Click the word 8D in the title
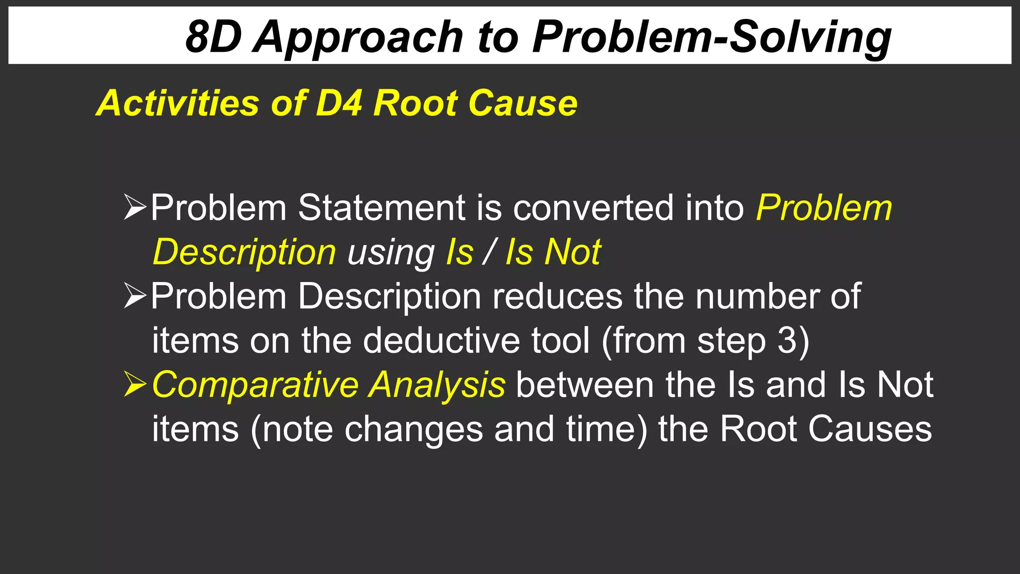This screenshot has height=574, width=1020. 214,37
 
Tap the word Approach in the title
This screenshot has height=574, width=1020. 358,38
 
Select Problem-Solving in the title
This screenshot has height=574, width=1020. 712,38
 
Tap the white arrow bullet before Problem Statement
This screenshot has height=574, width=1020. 134,207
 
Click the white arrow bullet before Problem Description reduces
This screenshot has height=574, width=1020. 134,295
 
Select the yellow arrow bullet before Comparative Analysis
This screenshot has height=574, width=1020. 134,384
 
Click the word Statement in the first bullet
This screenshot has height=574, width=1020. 381,207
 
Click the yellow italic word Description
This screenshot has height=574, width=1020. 244,253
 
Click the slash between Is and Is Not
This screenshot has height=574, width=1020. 489,252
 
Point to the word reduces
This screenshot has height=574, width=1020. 557,296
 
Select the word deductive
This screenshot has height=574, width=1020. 441,340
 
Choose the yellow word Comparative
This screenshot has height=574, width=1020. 255,385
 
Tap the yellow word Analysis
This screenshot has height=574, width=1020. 437,385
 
